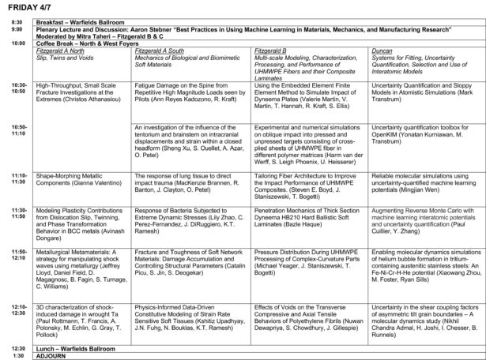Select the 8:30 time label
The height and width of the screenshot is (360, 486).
tap(16, 21)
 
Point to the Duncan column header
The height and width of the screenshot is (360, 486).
tap(383, 50)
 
